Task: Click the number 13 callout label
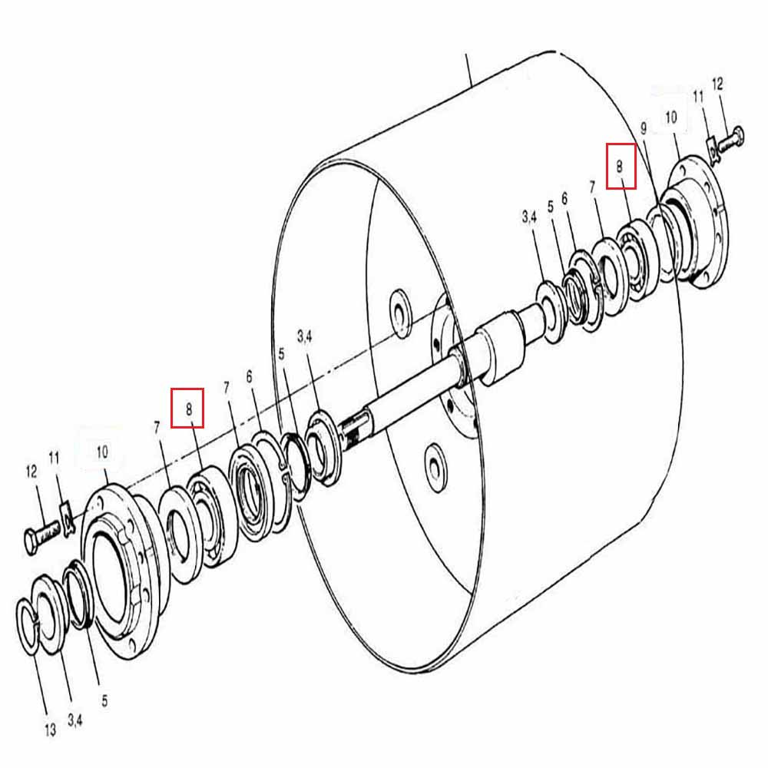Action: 50,730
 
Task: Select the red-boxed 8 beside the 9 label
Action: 621,166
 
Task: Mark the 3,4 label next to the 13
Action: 75,720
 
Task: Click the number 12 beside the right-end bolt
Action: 717,84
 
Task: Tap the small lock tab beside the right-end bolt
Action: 712,148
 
